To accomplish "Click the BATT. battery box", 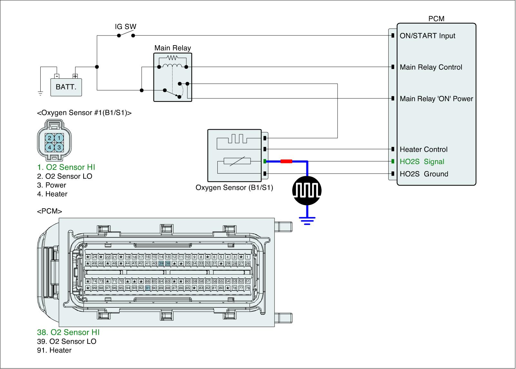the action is click(66, 87).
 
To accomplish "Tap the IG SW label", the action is click(125, 26).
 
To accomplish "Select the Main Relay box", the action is click(173, 77).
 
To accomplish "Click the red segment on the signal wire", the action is click(286, 161).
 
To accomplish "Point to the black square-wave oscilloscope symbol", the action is click(307, 190).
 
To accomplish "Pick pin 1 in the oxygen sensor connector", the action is click(59, 138).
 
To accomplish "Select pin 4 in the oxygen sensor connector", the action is click(50, 147).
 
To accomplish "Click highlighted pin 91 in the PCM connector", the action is click(148, 288).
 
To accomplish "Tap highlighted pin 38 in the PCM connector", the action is click(168, 263).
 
